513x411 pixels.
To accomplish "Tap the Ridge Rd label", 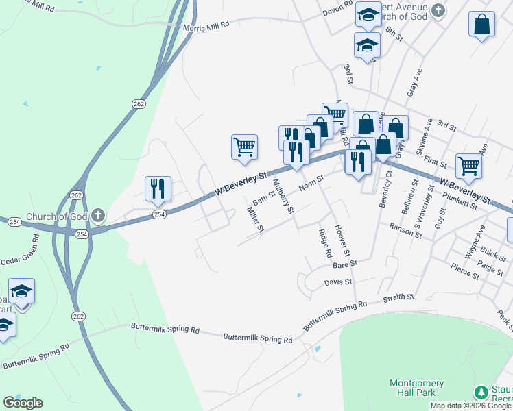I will pyautogui.click(x=325, y=242).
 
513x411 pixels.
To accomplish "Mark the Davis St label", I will pyautogui.click(x=337, y=282).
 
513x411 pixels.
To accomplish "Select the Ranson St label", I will pyautogui.click(x=405, y=230).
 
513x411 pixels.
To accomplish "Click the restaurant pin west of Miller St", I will pyautogui.click(x=158, y=189).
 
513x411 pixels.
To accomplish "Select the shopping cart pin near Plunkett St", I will pyautogui.click(x=468, y=165).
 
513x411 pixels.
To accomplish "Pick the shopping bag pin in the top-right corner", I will pyautogui.click(x=482, y=25).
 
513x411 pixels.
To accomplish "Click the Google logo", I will pyautogui.click(x=23, y=402).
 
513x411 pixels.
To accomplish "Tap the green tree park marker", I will pyautogui.click(x=483, y=393).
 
